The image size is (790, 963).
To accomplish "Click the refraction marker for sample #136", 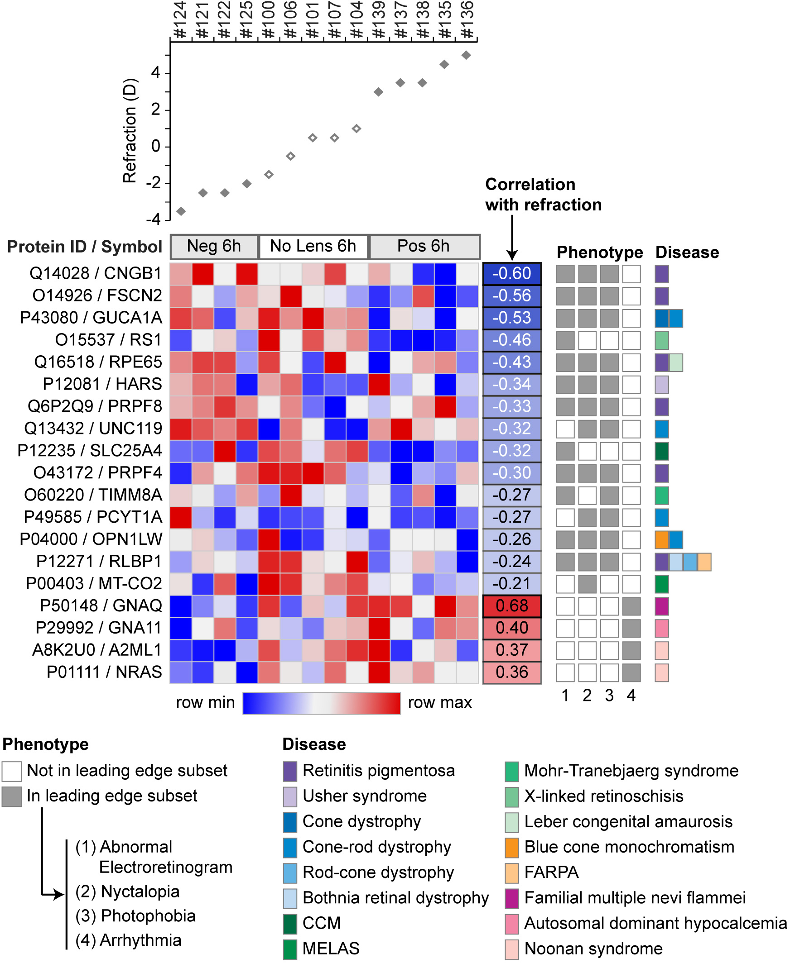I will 466,55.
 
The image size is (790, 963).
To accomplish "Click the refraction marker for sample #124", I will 181,211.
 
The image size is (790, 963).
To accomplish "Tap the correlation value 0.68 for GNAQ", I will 512,605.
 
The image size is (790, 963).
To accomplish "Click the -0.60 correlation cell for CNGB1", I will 512,273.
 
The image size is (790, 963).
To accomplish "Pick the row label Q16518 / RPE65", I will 98,362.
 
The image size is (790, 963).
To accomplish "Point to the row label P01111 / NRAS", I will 104,672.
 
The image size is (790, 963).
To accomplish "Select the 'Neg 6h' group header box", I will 214,246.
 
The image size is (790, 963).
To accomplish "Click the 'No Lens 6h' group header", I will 313,246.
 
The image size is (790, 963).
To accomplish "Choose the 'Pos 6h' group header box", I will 424,246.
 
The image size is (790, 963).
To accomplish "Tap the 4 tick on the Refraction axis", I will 156,73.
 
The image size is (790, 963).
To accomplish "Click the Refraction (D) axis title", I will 130,131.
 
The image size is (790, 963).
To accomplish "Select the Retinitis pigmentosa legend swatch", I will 290,771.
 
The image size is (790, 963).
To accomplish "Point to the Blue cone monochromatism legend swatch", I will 512,847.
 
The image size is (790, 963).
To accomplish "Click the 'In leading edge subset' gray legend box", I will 12,796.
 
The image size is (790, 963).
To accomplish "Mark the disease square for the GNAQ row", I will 662,606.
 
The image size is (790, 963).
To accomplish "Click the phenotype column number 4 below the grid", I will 631,695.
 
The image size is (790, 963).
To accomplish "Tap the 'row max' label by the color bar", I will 439,702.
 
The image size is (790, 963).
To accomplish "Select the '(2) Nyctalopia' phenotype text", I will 127,891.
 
